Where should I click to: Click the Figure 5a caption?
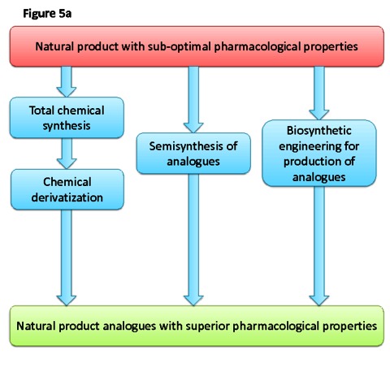click(x=47, y=14)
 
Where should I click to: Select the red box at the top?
click(x=197, y=46)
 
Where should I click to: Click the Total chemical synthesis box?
click(x=67, y=118)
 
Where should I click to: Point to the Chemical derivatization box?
click(x=67, y=189)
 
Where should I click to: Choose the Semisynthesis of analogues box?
click(x=193, y=154)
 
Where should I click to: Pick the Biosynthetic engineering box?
click(x=319, y=154)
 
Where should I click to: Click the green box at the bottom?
click(x=197, y=326)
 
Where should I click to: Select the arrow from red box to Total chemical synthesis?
click(x=67, y=82)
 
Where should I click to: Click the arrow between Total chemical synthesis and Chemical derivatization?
click(x=67, y=154)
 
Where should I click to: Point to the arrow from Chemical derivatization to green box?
click(x=67, y=258)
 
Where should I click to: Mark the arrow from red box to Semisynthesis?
click(x=193, y=100)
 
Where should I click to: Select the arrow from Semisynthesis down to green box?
click(x=193, y=240)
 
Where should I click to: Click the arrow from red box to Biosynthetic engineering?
click(x=319, y=93)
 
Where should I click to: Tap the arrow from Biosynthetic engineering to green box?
click(x=319, y=246)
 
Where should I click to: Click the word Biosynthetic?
click(x=319, y=131)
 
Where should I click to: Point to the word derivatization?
click(x=67, y=197)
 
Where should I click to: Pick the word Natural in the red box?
click(x=54, y=46)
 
